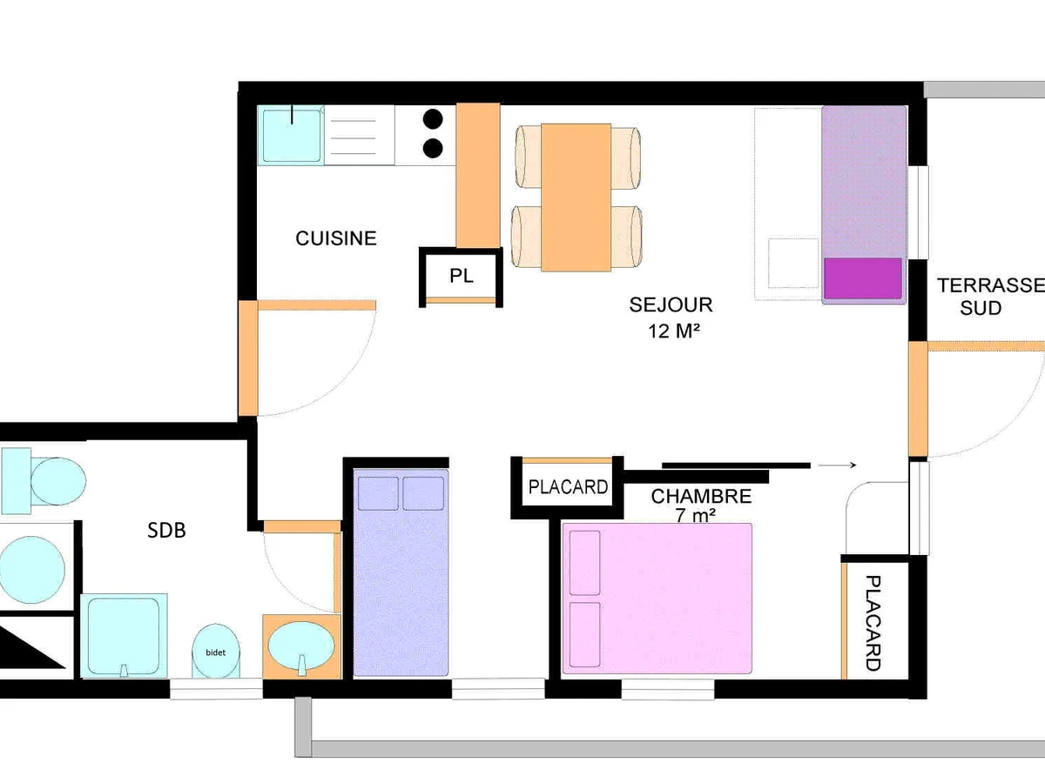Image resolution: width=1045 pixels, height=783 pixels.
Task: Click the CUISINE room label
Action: tap(336, 238)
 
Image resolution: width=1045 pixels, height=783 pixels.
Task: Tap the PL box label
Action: tap(462, 276)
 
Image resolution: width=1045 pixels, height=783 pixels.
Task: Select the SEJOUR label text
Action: tap(671, 304)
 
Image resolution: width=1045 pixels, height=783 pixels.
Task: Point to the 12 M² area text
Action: tap(674, 331)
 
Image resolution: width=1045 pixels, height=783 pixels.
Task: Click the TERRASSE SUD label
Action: tap(990, 297)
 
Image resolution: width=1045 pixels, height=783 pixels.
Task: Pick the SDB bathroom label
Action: tap(166, 530)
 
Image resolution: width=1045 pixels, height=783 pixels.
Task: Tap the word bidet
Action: tap(216, 652)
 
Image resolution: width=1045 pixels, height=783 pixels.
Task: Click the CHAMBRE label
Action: tap(701, 496)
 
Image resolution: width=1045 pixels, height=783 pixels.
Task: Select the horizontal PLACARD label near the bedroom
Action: tap(568, 487)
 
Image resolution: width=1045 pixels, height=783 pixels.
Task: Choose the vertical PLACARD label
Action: tap(873, 623)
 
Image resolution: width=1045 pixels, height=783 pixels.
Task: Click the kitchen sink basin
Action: tap(292, 136)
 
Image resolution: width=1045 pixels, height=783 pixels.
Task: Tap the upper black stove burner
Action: tap(433, 119)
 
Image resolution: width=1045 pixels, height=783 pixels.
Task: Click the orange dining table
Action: tap(576, 197)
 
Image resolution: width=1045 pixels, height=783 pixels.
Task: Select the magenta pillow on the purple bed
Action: tap(863, 278)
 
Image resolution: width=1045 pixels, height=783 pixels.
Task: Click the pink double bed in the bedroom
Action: tap(657, 599)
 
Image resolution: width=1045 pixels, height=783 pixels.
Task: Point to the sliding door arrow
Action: tap(837, 465)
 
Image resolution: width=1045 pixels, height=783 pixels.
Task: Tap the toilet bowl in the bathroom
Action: tap(58, 481)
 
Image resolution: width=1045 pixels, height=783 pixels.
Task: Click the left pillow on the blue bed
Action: tap(378, 493)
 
